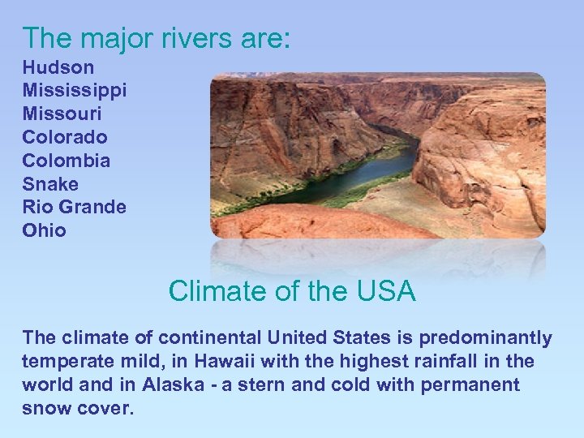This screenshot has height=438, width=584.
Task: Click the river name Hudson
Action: click(58, 67)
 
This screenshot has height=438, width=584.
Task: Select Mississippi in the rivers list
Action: click(75, 91)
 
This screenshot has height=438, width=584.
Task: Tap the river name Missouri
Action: click(62, 114)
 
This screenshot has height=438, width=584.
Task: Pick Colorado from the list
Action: click(65, 137)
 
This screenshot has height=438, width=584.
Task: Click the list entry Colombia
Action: click(67, 161)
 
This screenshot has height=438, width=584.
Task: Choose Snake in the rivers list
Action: click(50, 184)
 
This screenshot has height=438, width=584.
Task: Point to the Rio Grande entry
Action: click(75, 207)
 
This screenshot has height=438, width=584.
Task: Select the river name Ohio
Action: click(45, 230)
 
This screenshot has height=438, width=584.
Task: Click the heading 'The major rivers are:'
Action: click(156, 37)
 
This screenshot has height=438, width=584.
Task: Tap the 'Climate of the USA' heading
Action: click(292, 290)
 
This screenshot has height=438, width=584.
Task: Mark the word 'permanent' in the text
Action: click(470, 384)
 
